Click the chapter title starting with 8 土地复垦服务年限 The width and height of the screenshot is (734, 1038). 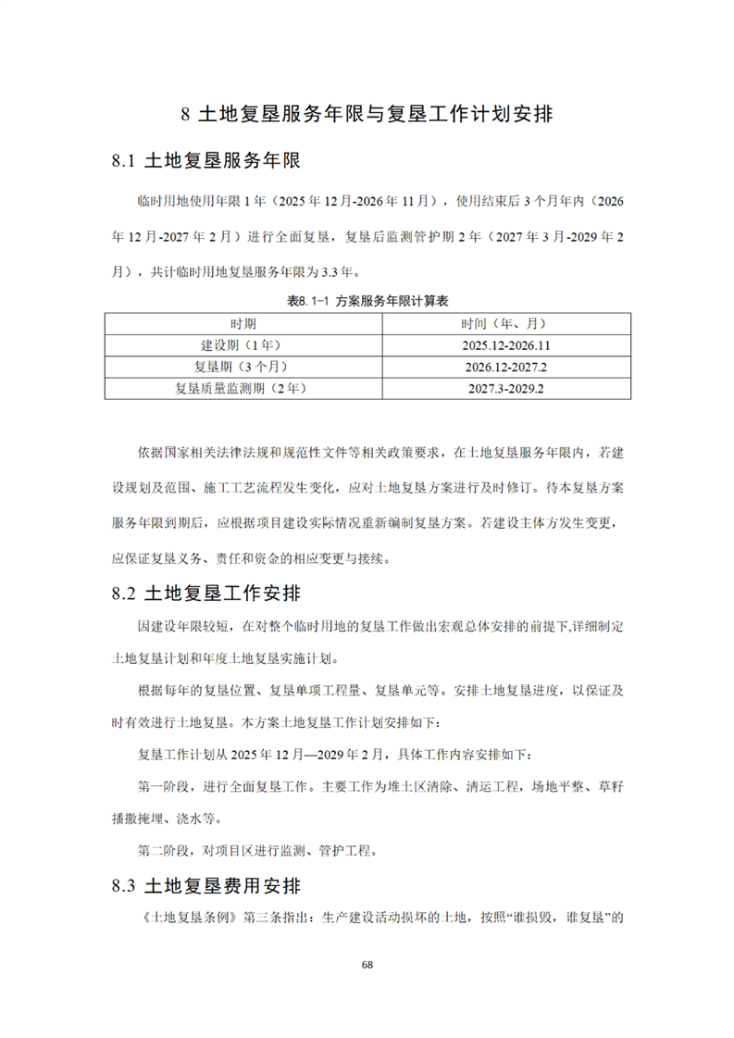pyautogui.click(x=367, y=115)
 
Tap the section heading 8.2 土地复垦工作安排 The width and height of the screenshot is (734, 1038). pyautogui.click(x=206, y=592)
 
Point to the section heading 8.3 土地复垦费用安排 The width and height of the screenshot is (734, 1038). pyautogui.click(x=206, y=886)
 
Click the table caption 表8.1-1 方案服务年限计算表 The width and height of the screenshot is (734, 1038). pyautogui.click(x=367, y=300)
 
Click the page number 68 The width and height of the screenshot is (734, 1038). pyautogui.click(x=367, y=964)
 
